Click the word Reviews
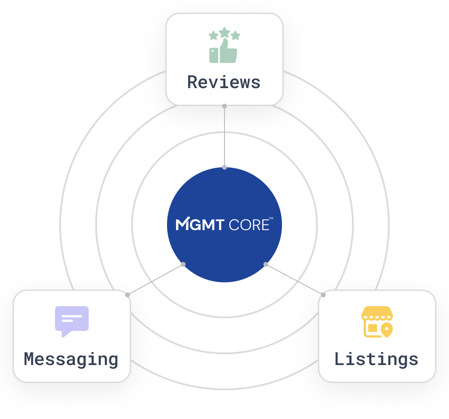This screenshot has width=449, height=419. pyautogui.click(x=224, y=83)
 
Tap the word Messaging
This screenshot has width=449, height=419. pyautogui.click(x=71, y=360)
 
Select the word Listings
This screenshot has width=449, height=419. pyautogui.click(x=376, y=360)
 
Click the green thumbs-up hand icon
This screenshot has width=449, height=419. pyautogui.click(x=224, y=50)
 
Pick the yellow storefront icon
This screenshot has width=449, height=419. pyautogui.click(x=377, y=322)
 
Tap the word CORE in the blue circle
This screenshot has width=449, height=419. pyautogui.click(x=248, y=224)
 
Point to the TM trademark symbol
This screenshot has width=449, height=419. pyautogui.click(x=271, y=218)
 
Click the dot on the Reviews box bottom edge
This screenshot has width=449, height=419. pyautogui.click(x=224, y=106)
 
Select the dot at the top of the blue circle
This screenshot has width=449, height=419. pyautogui.click(x=224, y=167)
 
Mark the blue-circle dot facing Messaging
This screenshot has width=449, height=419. pyautogui.click(x=183, y=264)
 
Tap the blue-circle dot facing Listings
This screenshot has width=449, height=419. pyautogui.click(x=266, y=264)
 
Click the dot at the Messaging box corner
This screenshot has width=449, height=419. pyautogui.click(x=128, y=295)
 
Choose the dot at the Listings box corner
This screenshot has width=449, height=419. pyautogui.click(x=323, y=295)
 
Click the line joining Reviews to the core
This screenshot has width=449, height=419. pyautogui.click(x=224, y=137)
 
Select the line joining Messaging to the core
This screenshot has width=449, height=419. pyautogui.click(x=155, y=280)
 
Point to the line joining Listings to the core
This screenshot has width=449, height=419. pyautogui.click(x=295, y=280)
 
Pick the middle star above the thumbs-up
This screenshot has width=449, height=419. pyautogui.click(x=224, y=32)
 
